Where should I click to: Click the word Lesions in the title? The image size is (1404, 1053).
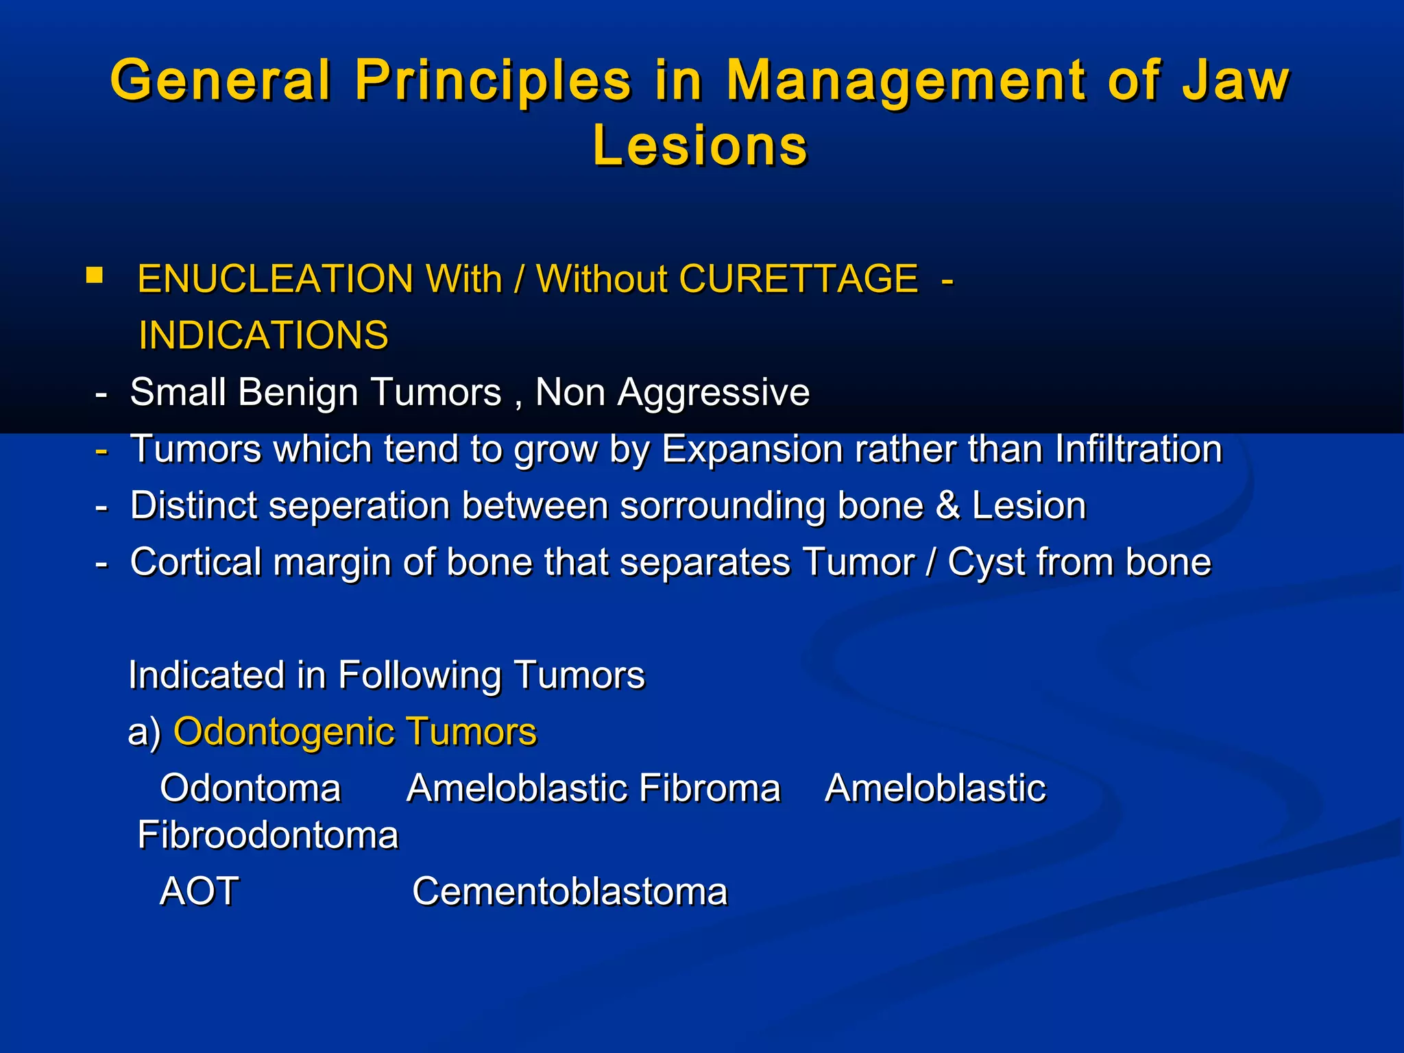(700, 146)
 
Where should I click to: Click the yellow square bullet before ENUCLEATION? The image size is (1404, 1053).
(95, 276)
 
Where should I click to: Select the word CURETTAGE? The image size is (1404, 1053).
(798, 279)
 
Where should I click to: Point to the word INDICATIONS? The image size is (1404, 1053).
(263, 336)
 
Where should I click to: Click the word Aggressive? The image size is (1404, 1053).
(713, 393)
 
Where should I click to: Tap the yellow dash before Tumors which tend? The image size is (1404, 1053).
(101, 450)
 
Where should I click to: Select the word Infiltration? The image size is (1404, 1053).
(1138, 450)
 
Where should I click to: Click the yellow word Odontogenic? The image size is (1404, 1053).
(282, 732)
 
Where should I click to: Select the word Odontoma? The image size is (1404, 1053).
(250, 788)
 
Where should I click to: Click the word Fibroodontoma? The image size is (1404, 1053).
(267, 836)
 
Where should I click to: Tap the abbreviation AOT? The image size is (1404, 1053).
(199, 892)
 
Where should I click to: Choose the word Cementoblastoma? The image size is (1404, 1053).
(569, 892)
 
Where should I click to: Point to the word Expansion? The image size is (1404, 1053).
(753, 450)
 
